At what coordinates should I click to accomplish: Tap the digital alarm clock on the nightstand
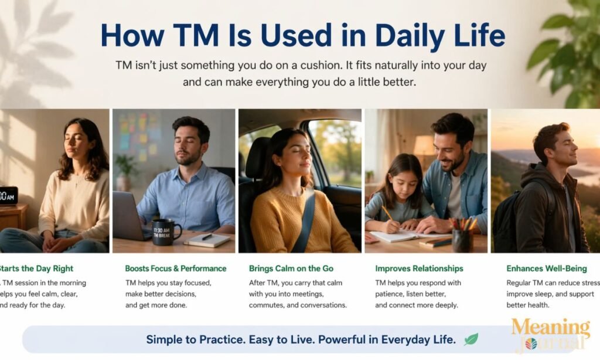click(x=8, y=195)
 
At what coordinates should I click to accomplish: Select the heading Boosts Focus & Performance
click(x=175, y=269)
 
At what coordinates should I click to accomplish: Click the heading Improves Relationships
click(x=419, y=269)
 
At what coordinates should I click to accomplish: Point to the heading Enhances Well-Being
click(x=546, y=269)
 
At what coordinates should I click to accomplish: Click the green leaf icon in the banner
click(x=471, y=339)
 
